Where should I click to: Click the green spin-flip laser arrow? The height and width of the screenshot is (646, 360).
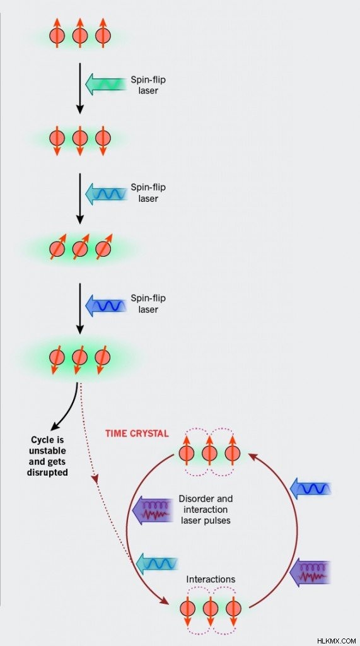click(x=105, y=84)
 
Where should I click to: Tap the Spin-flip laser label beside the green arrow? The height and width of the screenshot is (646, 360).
click(x=148, y=85)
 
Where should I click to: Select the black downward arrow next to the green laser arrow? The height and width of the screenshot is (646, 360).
click(x=80, y=88)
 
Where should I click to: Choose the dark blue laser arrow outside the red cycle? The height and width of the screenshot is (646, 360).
click(x=311, y=489)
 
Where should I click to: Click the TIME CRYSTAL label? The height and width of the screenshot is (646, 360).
click(x=137, y=433)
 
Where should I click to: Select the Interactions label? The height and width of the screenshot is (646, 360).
click(x=211, y=579)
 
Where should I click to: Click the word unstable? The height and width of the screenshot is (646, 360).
click(x=48, y=450)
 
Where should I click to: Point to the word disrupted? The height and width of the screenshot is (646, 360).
click(x=47, y=473)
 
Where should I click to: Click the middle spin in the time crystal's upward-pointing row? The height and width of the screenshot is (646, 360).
click(x=209, y=453)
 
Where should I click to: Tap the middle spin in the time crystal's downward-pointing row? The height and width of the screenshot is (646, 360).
click(x=210, y=608)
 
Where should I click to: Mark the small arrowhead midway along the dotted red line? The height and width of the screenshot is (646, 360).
click(x=96, y=479)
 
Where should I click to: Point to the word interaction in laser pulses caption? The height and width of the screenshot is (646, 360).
click(x=205, y=510)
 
